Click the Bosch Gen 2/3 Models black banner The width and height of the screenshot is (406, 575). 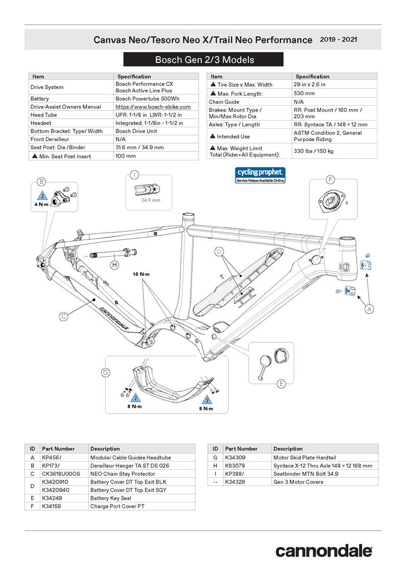click(x=204, y=60)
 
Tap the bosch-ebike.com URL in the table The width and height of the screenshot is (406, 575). click(x=153, y=107)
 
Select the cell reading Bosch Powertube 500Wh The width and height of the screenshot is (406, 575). click(x=147, y=99)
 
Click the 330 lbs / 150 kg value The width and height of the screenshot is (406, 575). click(x=313, y=151)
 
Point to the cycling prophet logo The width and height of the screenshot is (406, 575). click(x=260, y=175)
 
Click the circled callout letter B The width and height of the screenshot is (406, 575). click(x=42, y=181)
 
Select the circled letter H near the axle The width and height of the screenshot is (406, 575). click(x=114, y=265)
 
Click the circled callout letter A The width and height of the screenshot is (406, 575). click(x=369, y=309)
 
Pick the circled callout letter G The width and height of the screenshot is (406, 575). click(x=106, y=373)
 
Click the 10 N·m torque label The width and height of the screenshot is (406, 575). click(x=140, y=274)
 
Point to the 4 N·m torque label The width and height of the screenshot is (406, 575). click(x=42, y=204)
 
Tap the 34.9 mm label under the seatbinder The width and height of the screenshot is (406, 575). click(x=150, y=200)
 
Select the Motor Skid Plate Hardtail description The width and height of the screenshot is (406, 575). click(x=304, y=457)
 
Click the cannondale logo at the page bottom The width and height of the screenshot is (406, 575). click(x=324, y=551)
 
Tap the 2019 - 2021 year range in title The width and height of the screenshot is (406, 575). click(x=338, y=39)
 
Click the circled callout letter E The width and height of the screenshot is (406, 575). click(x=281, y=384)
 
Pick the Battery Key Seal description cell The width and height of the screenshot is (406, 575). click(x=110, y=498)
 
